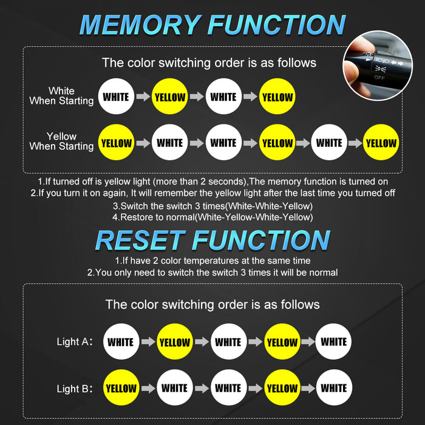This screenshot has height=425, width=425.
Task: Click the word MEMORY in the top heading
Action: [140, 25]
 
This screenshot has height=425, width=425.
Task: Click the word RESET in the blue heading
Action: [140, 240]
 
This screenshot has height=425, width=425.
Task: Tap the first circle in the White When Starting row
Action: [116, 97]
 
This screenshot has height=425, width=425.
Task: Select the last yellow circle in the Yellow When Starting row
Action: [381, 142]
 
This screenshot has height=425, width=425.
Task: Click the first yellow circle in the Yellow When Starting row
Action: [116, 142]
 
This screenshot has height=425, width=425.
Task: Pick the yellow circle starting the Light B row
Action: [121, 387]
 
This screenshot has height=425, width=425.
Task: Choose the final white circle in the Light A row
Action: [333, 341]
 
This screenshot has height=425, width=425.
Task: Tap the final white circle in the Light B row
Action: [334, 387]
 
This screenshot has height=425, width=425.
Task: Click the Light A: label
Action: [75, 342]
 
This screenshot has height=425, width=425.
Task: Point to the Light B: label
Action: [75, 389]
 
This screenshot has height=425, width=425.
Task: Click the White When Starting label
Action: [61, 96]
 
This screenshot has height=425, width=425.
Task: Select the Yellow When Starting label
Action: [61, 141]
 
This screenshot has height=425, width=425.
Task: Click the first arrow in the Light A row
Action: [148, 341]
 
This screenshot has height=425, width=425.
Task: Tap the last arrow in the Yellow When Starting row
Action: [355, 143]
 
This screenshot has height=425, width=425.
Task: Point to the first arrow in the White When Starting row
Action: [143, 96]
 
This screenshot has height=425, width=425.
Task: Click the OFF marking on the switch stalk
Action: [379, 78]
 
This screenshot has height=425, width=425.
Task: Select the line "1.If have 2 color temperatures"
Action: [212, 260]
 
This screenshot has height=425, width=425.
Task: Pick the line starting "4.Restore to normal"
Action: [212, 217]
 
